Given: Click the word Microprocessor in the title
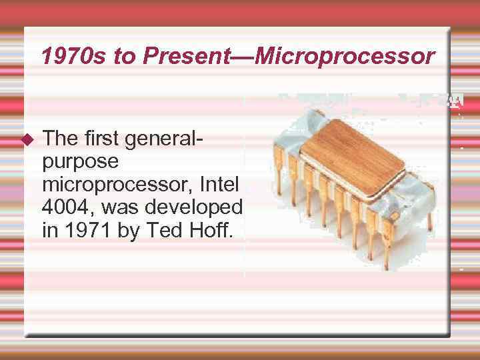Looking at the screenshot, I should pos(344,57).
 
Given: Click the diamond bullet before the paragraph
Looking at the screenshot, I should pos(27,139).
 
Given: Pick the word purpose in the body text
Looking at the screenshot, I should pos(81,161).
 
